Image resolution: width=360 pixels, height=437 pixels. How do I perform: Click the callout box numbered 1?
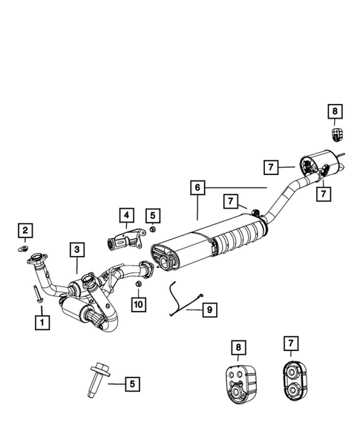pyautogui.click(x=42, y=322)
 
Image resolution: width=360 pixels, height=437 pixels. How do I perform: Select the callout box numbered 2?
pyautogui.click(x=24, y=231)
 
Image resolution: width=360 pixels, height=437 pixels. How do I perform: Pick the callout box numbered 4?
pyautogui.click(x=126, y=216)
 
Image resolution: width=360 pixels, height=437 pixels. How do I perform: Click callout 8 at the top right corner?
pyautogui.click(x=334, y=112)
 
